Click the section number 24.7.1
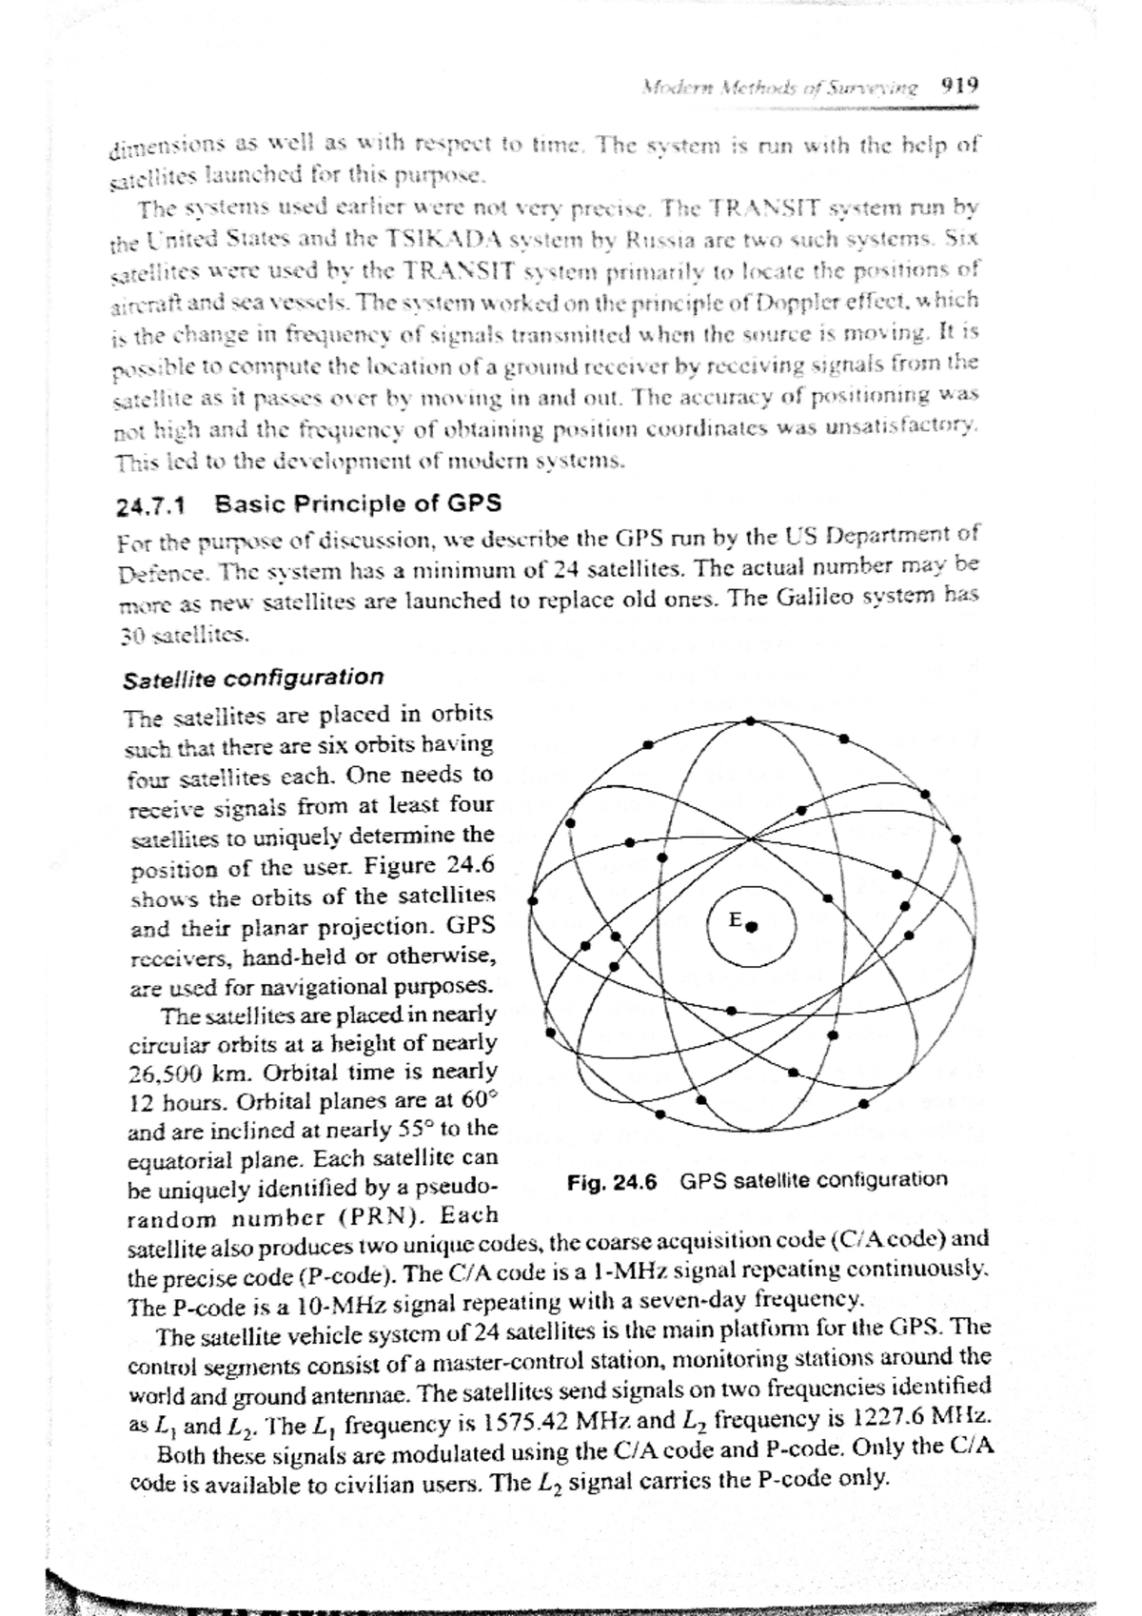click(153, 504)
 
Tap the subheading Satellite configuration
click(254, 679)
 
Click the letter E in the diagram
click(735, 919)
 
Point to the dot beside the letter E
click(752, 926)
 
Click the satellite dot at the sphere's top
click(751, 720)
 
